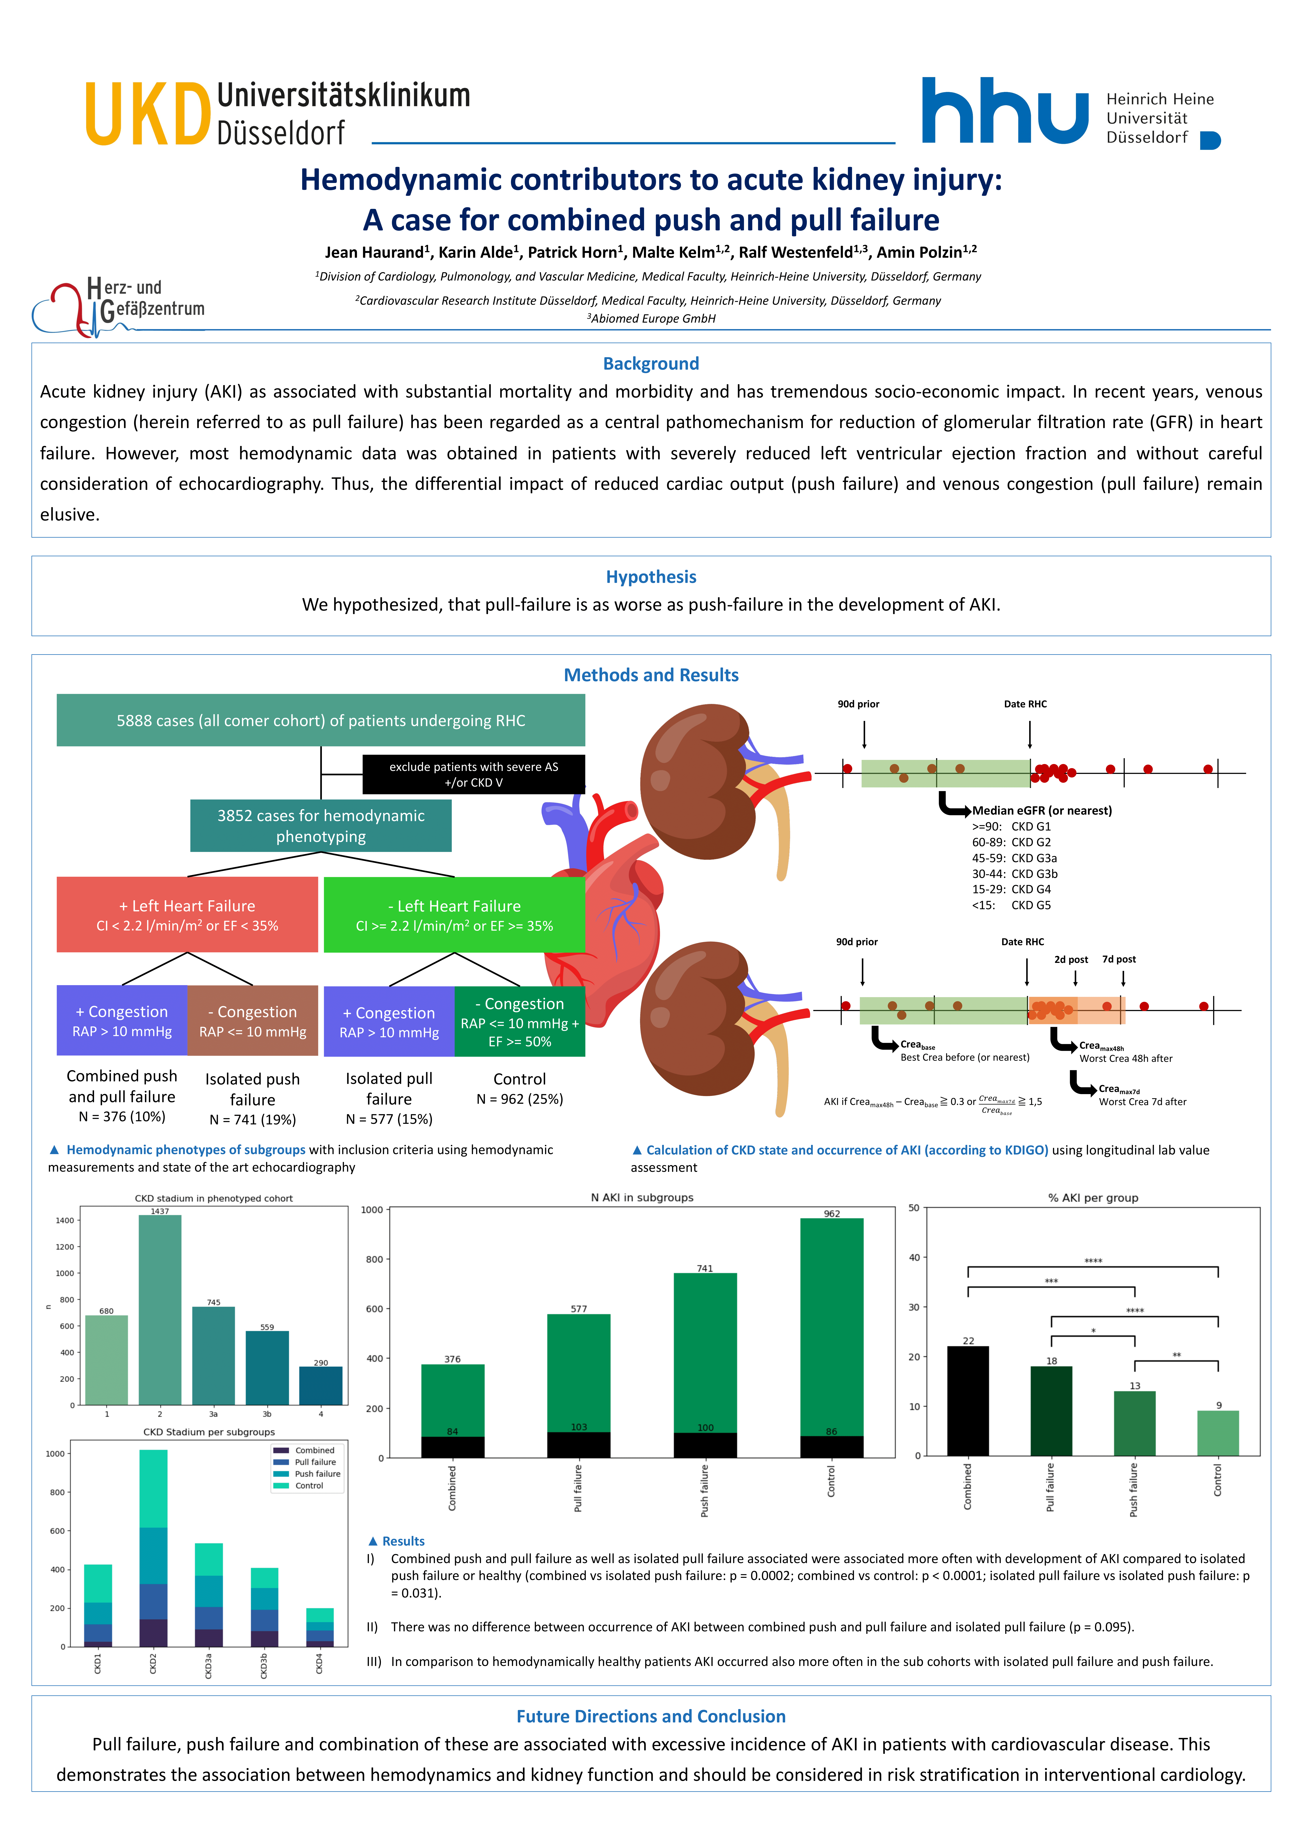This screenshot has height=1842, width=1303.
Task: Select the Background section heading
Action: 651,364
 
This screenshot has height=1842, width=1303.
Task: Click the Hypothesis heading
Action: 651,577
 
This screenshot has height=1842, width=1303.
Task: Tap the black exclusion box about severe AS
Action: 473,774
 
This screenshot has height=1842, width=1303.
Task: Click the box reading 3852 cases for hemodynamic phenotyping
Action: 321,826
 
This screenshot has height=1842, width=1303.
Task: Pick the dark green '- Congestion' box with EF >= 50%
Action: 520,1021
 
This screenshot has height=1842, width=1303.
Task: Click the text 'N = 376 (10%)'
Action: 122,1117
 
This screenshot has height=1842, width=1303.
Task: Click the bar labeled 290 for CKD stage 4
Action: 321,1385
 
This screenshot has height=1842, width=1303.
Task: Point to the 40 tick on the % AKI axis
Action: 915,1257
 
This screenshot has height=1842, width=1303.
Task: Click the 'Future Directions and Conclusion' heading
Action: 651,1716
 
